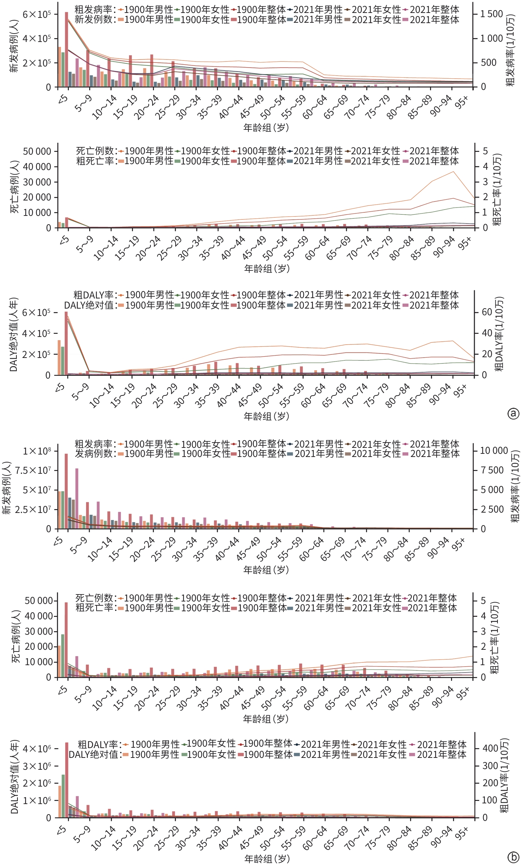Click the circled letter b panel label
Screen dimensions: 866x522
tap(513, 857)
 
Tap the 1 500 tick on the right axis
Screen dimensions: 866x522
tap(492, 14)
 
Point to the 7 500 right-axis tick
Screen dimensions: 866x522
tap(492, 470)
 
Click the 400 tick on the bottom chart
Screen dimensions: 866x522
tap(491, 748)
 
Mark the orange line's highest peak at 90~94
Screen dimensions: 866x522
tap(453, 171)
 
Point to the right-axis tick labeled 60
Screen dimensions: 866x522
tap(487, 312)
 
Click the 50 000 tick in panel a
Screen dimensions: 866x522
tap(37, 152)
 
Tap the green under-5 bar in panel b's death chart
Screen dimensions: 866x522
tap(63, 656)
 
